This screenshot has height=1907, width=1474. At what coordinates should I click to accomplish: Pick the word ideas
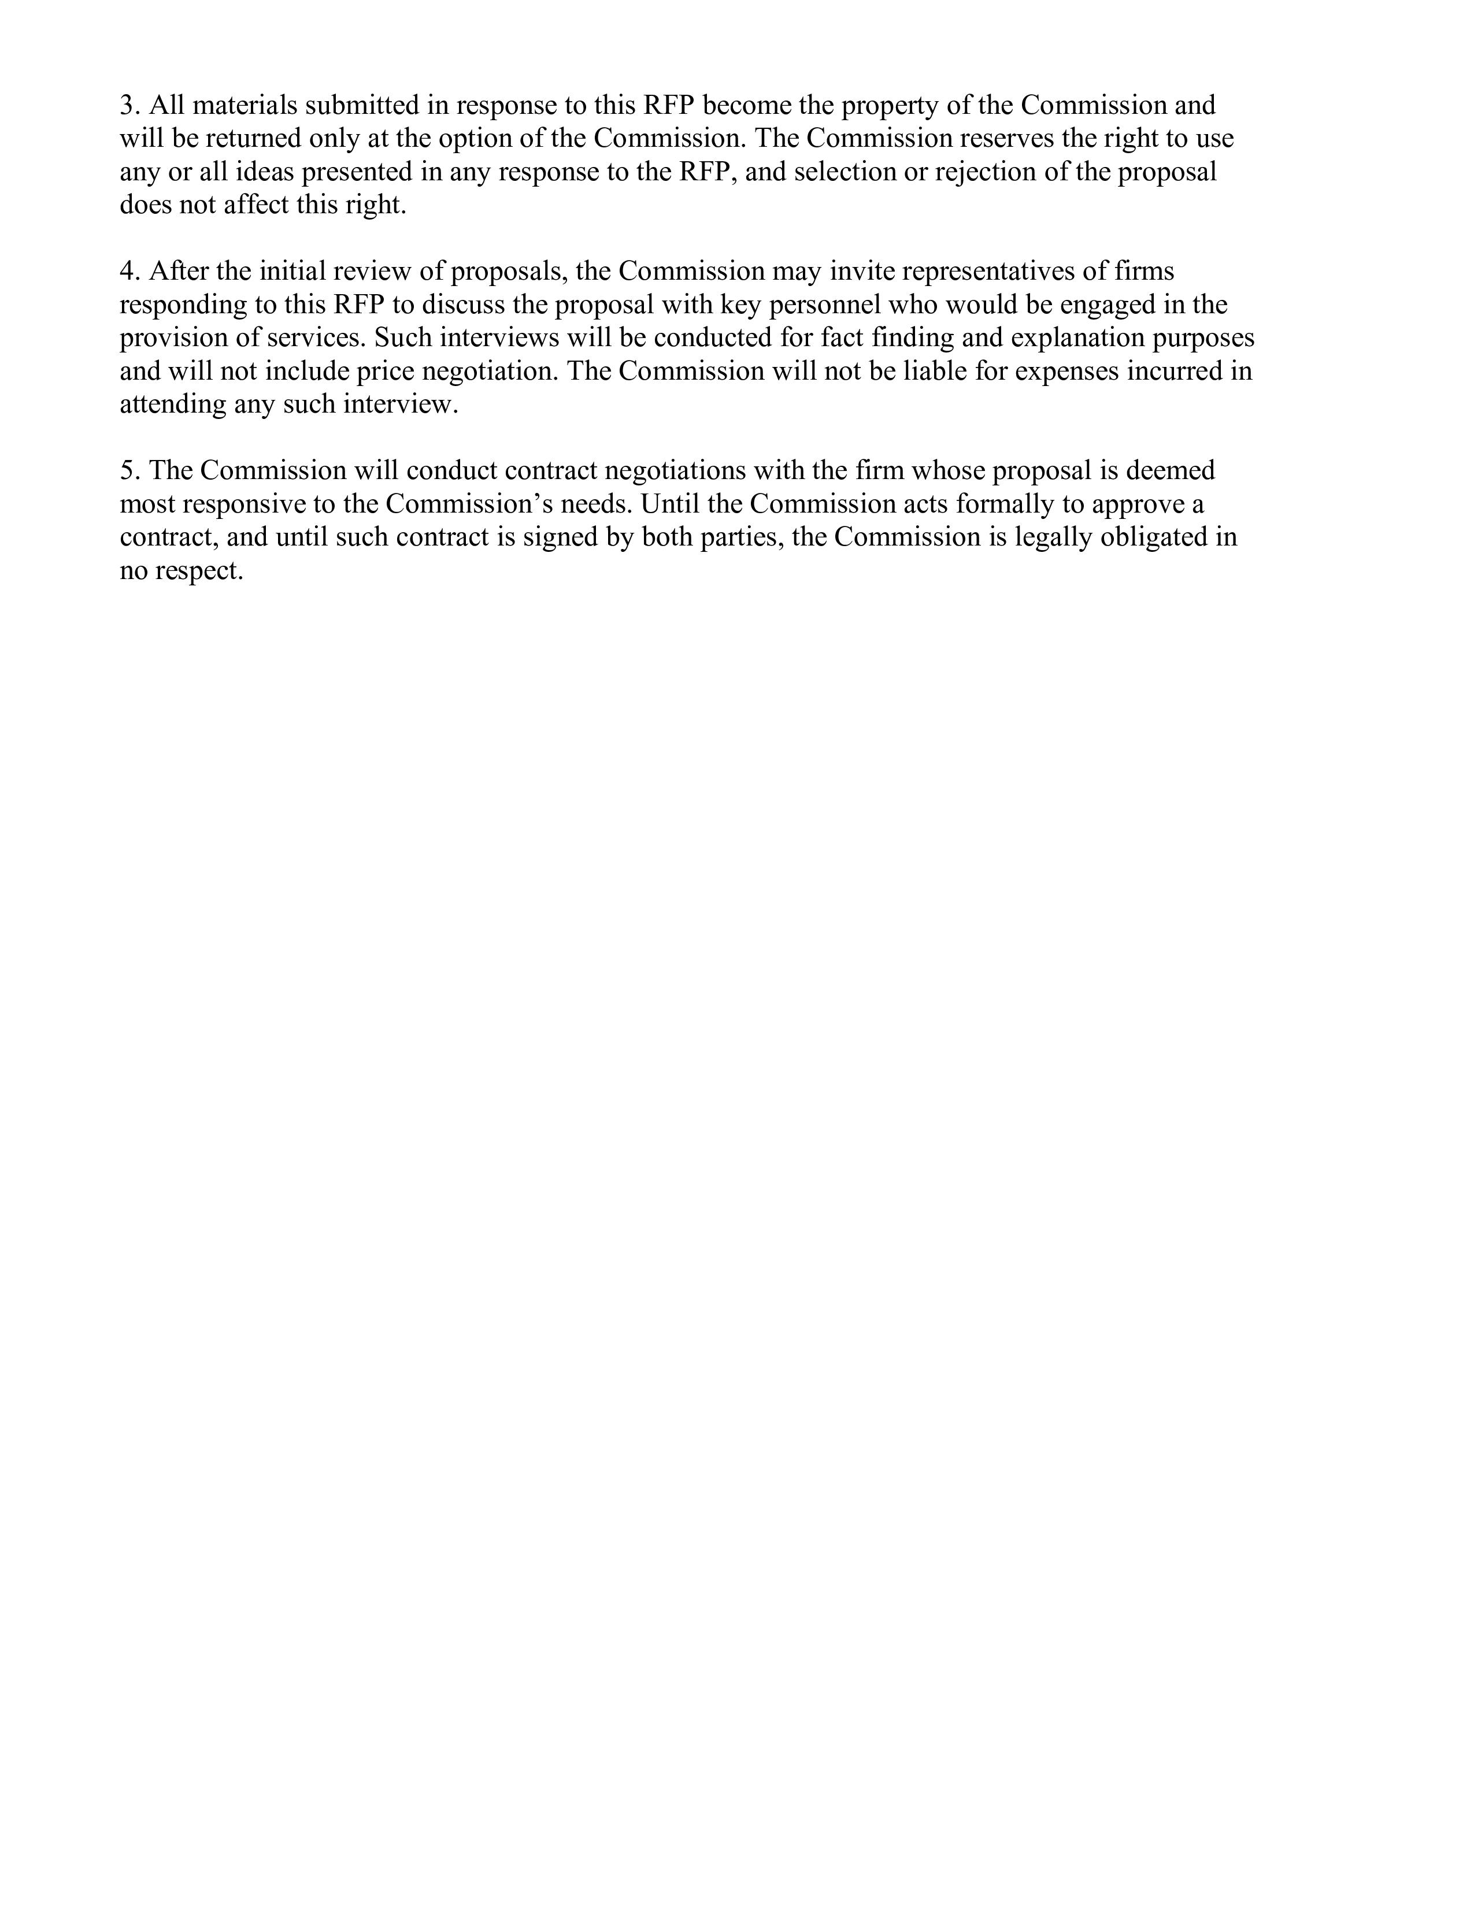(x=265, y=172)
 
